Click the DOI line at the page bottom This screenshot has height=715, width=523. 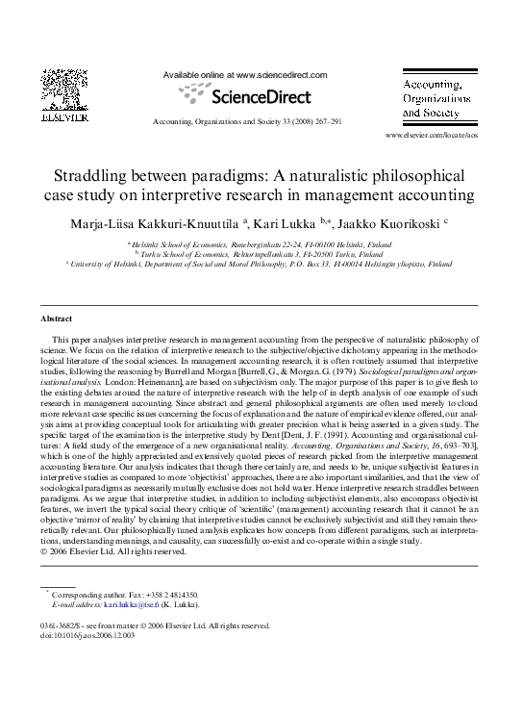click(x=88, y=634)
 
